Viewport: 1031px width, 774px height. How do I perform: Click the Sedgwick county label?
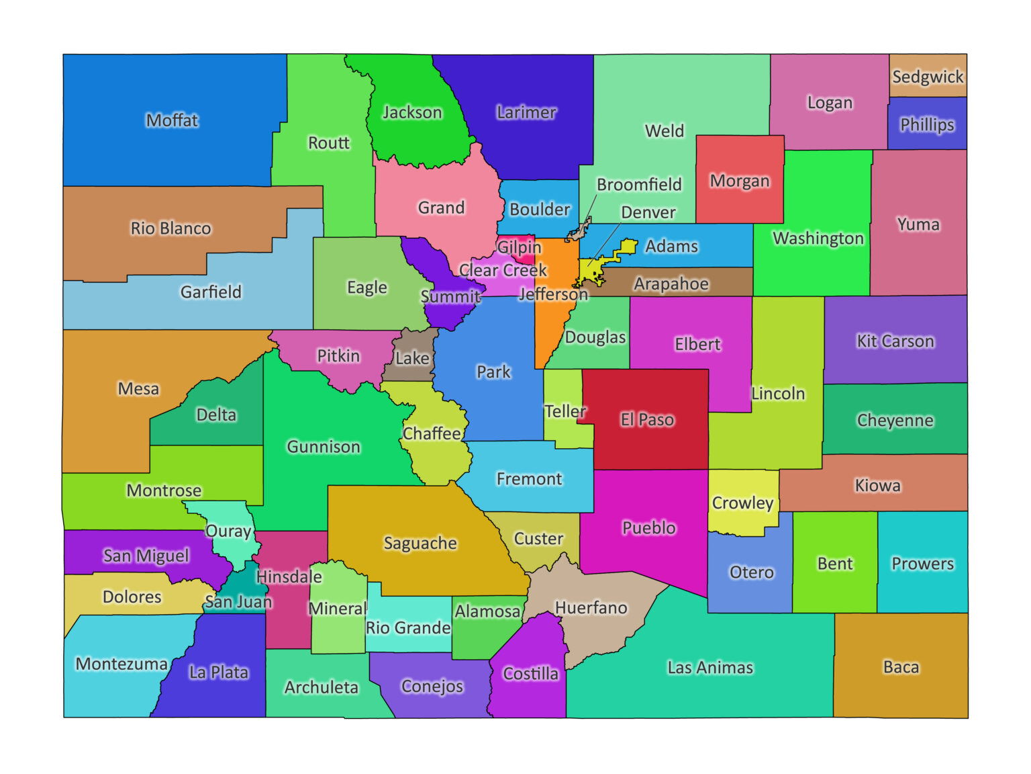pos(928,77)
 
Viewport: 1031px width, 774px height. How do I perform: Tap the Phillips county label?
pos(927,125)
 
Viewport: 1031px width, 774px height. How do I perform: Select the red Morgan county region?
pos(740,198)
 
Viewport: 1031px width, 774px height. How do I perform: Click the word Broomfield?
pos(639,185)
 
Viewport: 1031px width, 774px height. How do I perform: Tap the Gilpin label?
pos(519,247)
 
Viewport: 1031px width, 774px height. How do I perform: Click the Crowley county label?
pos(742,503)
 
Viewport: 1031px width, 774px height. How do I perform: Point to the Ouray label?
pos(228,531)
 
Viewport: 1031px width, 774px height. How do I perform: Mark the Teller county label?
pos(564,411)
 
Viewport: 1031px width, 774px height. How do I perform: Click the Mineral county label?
pos(338,609)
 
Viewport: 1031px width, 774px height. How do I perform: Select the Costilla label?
pos(530,674)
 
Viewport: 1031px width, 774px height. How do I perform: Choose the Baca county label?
pos(901,667)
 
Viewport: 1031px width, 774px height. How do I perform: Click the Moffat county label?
pos(173,120)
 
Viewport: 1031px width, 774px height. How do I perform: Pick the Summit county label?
pos(450,296)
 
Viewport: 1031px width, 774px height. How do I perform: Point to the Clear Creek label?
pos(503,270)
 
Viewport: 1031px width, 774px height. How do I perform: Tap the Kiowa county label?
pos(877,486)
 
